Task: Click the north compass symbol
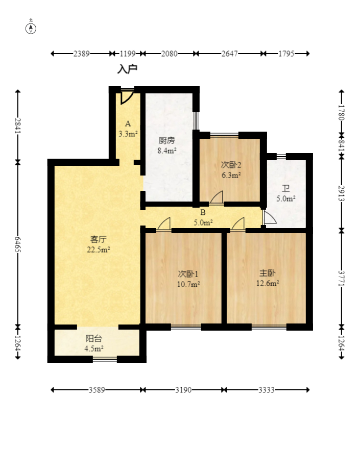point(31,29)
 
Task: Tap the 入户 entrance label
point(127,69)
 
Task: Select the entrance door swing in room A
point(127,97)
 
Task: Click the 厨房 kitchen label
point(166,140)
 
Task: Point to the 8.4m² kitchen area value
point(166,151)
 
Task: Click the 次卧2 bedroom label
point(231,165)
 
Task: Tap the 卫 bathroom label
point(286,188)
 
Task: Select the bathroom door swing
point(270,217)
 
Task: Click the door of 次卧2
point(217,197)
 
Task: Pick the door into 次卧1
point(164,223)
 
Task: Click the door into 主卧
point(238,223)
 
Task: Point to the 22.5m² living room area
point(99,250)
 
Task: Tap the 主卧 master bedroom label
point(268,273)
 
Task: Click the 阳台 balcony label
point(94,338)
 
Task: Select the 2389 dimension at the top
point(81,54)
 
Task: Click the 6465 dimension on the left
point(18,244)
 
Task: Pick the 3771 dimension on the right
point(342,278)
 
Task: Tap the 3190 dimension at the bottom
point(183,390)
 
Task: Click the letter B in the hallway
point(203,212)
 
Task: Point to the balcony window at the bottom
point(105,359)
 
